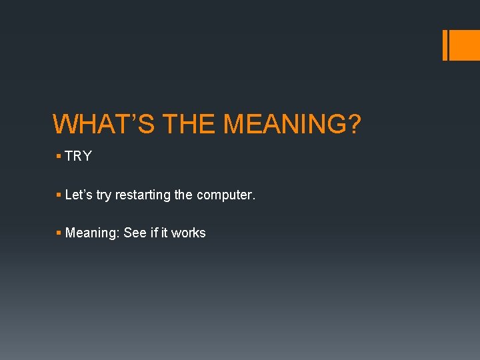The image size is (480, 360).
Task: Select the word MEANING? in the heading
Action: point(291,125)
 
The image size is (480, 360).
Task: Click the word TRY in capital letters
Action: point(78,157)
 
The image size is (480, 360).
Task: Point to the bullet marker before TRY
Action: point(59,157)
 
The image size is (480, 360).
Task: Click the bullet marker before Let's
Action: point(59,195)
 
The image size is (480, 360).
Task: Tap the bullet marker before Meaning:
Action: point(59,233)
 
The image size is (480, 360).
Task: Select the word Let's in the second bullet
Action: point(79,195)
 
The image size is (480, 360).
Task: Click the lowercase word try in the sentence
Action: point(104,196)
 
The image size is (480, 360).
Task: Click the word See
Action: point(135,233)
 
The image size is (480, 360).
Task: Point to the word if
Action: point(154,233)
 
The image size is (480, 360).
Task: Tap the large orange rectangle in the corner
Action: point(465,45)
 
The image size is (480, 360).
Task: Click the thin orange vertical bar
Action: point(445,45)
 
